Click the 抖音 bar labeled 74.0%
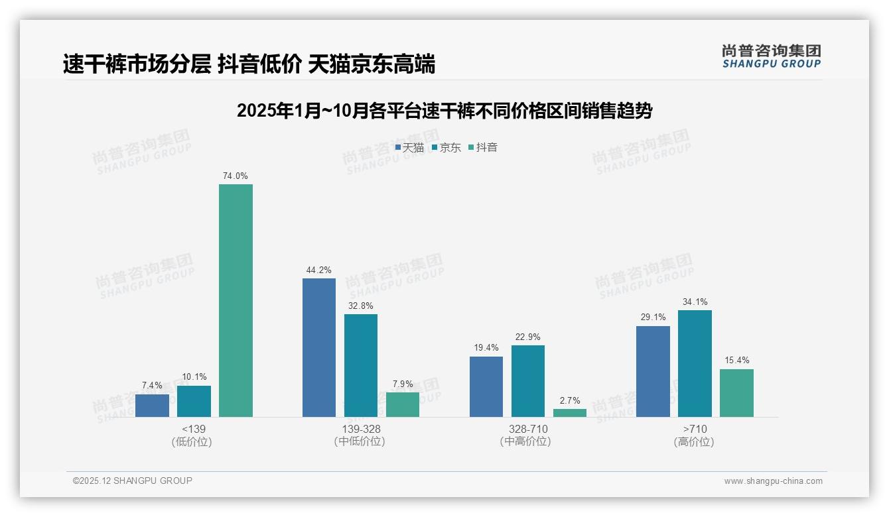point(236,300)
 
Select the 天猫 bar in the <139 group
point(152,406)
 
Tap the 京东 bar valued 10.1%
point(194,401)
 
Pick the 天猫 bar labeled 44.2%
point(319,347)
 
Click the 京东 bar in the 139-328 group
point(361,365)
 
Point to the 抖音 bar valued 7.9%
point(403,404)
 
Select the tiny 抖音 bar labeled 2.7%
point(570,413)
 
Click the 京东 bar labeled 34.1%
point(695,363)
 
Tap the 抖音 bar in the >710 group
point(736,393)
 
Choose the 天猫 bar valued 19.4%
point(486,386)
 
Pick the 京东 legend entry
point(446,147)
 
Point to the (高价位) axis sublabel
point(694,441)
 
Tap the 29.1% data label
point(653,317)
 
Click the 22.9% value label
point(527,337)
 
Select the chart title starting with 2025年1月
point(444,111)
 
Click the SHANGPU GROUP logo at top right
point(771,56)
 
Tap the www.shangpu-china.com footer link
point(773,481)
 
